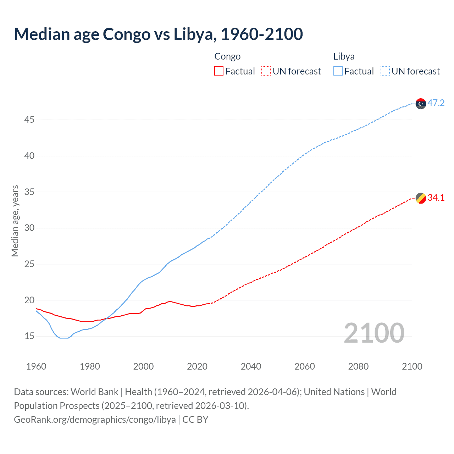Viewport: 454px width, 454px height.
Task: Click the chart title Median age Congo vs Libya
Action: [x=158, y=34]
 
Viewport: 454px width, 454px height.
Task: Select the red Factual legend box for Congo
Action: [x=219, y=71]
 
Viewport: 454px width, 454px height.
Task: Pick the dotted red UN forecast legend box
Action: [x=266, y=71]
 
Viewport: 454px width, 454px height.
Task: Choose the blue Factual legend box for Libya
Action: [x=338, y=71]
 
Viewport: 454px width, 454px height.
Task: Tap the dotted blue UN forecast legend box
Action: [x=385, y=71]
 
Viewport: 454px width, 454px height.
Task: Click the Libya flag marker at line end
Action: [x=421, y=104]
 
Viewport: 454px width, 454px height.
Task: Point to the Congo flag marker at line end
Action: [x=421, y=198]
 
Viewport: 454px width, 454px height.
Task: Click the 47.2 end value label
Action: [x=436, y=103]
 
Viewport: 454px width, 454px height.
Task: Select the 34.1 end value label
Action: [x=436, y=198]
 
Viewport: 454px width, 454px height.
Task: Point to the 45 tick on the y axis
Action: [x=29, y=120]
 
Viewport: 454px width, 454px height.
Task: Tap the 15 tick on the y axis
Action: [x=29, y=336]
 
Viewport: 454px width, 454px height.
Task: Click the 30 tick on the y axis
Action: [x=29, y=228]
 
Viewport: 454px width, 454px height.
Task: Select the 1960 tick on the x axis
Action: [x=36, y=366]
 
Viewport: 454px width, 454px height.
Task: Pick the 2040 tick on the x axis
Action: [x=251, y=366]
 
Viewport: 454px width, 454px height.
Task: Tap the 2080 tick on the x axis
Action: [x=358, y=366]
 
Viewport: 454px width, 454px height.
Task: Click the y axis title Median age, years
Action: [x=15, y=221]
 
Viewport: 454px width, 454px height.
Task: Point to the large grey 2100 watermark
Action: [x=374, y=333]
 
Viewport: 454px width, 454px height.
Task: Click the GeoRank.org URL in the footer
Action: [x=95, y=420]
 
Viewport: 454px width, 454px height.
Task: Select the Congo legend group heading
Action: [x=227, y=56]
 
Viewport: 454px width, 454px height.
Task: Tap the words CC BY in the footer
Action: [x=195, y=420]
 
